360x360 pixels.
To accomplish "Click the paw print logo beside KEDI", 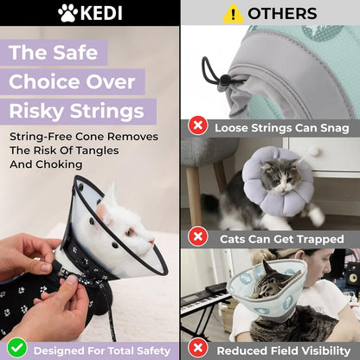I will coord(68,13).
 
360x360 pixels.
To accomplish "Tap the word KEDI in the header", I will coord(103,13).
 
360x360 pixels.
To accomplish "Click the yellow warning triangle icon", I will coord(233,13).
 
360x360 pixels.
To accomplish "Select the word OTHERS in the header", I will coord(282,13).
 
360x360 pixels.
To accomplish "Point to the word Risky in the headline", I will coord(43,112).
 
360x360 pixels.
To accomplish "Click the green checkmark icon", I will coord(16,349).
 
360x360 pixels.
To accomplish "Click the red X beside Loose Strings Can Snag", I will coord(198,127).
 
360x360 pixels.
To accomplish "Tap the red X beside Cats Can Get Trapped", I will coord(198,237).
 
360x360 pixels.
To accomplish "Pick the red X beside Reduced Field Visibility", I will coord(198,350).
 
